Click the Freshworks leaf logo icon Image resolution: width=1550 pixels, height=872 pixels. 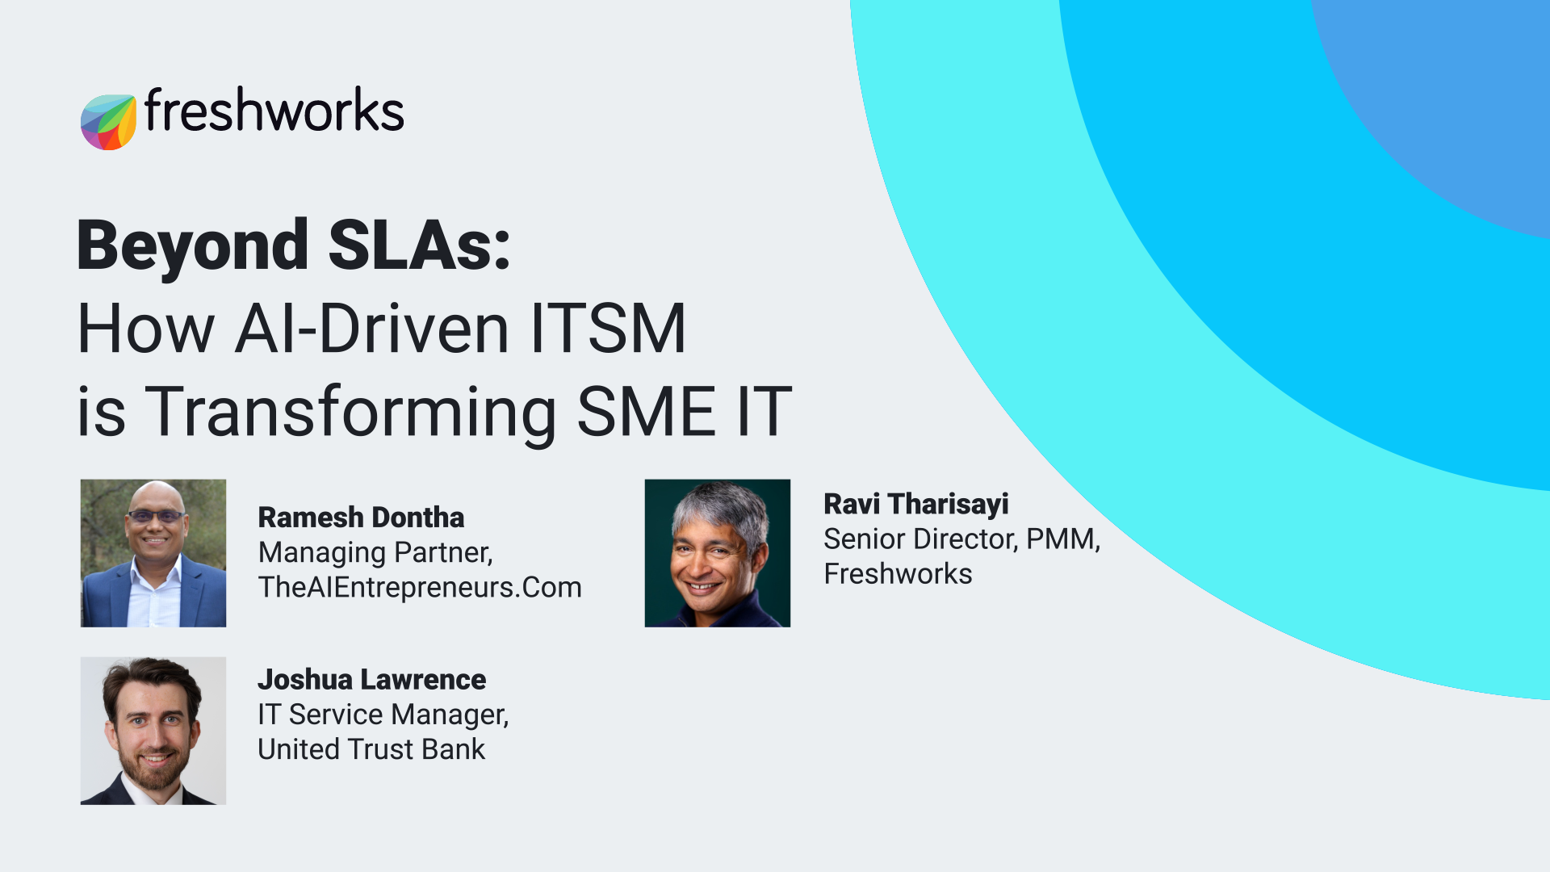(x=108, y=122)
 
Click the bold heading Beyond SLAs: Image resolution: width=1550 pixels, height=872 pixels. (x=294, y=245)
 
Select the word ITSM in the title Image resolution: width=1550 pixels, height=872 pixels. (x=608, y=329)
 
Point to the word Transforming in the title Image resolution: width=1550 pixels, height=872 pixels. (x=351, y=413)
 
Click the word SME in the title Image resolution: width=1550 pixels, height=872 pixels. (x=647, y=412)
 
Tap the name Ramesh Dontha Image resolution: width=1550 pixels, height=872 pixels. (x=361, y=518)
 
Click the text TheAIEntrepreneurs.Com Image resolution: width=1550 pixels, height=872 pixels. (x=420, y=587)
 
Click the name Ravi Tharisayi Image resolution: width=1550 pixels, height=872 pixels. (x=916, y=504)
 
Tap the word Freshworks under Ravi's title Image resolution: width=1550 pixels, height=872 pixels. (x=898, y=574)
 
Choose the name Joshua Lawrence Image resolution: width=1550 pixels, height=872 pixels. (x=372, y=680)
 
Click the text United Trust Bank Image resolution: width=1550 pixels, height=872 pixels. (x=371, y=749)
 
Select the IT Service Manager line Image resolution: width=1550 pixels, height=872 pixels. (x=383, y=715)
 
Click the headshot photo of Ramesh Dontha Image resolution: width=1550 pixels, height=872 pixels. (x=153, y=553)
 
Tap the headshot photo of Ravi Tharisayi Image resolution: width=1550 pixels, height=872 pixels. (x=718, y=553)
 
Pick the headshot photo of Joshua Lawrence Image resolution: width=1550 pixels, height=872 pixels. (x=153, y=731)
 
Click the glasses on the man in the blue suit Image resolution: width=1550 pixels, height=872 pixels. (x=155, y=516)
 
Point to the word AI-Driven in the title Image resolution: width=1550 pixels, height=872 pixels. (x=371, y=329)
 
